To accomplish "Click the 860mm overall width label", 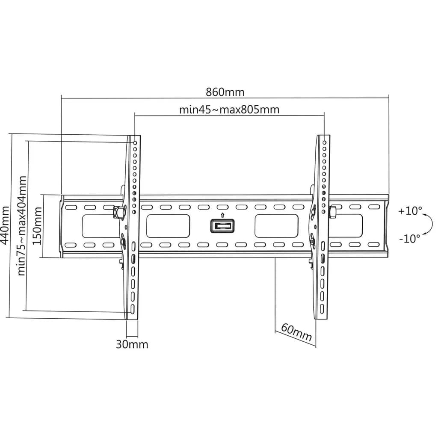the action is click(x=225, y=92).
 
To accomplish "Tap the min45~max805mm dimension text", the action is click(x=229, y=109).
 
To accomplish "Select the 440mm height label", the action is click(x=5, y=225).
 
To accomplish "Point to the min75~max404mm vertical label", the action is click(x=22, y=226).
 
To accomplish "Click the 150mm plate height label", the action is click(x=37, y=226).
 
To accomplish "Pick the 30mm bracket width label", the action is click(x=132, y=344).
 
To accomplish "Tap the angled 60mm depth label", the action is click(x=296, y=332).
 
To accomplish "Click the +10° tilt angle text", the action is click(x=410, y=211).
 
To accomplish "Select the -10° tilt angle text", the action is click(x=409, y=239).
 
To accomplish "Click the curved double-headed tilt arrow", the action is click(x=432, y=224).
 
